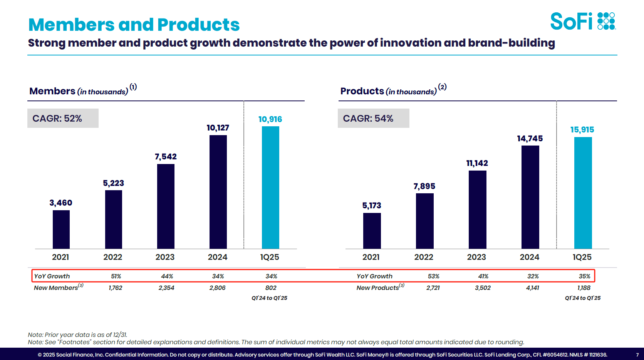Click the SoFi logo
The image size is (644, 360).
tap(582, 21)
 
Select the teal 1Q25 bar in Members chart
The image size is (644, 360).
tap(270, 188)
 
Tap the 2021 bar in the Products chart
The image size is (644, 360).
tap(372, 231)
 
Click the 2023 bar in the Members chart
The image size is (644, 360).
tap(166, 206)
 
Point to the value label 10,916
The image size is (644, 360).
tap(270, 119)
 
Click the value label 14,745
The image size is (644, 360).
tap(530, 139)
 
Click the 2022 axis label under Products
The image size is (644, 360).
tap(424, 257)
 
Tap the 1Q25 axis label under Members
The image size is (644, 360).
tap(270, 257)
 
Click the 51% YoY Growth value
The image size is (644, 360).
tap(116, 276)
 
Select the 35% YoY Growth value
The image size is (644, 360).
tap(584, 276)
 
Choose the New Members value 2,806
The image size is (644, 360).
tap(217, 288)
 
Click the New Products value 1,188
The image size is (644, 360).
tap(584, 288)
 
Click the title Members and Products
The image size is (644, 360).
tap(134, 25)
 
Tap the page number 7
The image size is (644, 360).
tap(637, 355)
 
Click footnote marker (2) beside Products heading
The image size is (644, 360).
tap(442, 87)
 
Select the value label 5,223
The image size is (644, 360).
tap(113, 183)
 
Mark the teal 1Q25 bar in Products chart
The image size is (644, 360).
tap(583, 193)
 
